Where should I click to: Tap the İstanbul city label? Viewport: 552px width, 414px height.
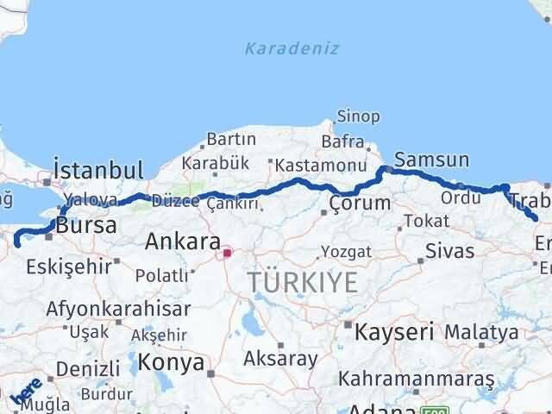[97, 168]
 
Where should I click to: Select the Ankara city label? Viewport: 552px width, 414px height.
[183, 241]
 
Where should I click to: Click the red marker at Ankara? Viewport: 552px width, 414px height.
[227, 254]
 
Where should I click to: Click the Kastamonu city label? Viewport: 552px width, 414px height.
[305, 163]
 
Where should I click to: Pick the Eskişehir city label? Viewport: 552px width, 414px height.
[67, 267]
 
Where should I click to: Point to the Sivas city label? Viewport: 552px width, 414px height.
[449, 251]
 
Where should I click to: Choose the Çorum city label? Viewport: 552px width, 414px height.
[360, 204]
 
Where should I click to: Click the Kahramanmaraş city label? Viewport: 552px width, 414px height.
[417, 379]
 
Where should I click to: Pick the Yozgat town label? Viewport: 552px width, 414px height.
[346, 252]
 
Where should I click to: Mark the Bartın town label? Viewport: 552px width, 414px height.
[231, 139]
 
